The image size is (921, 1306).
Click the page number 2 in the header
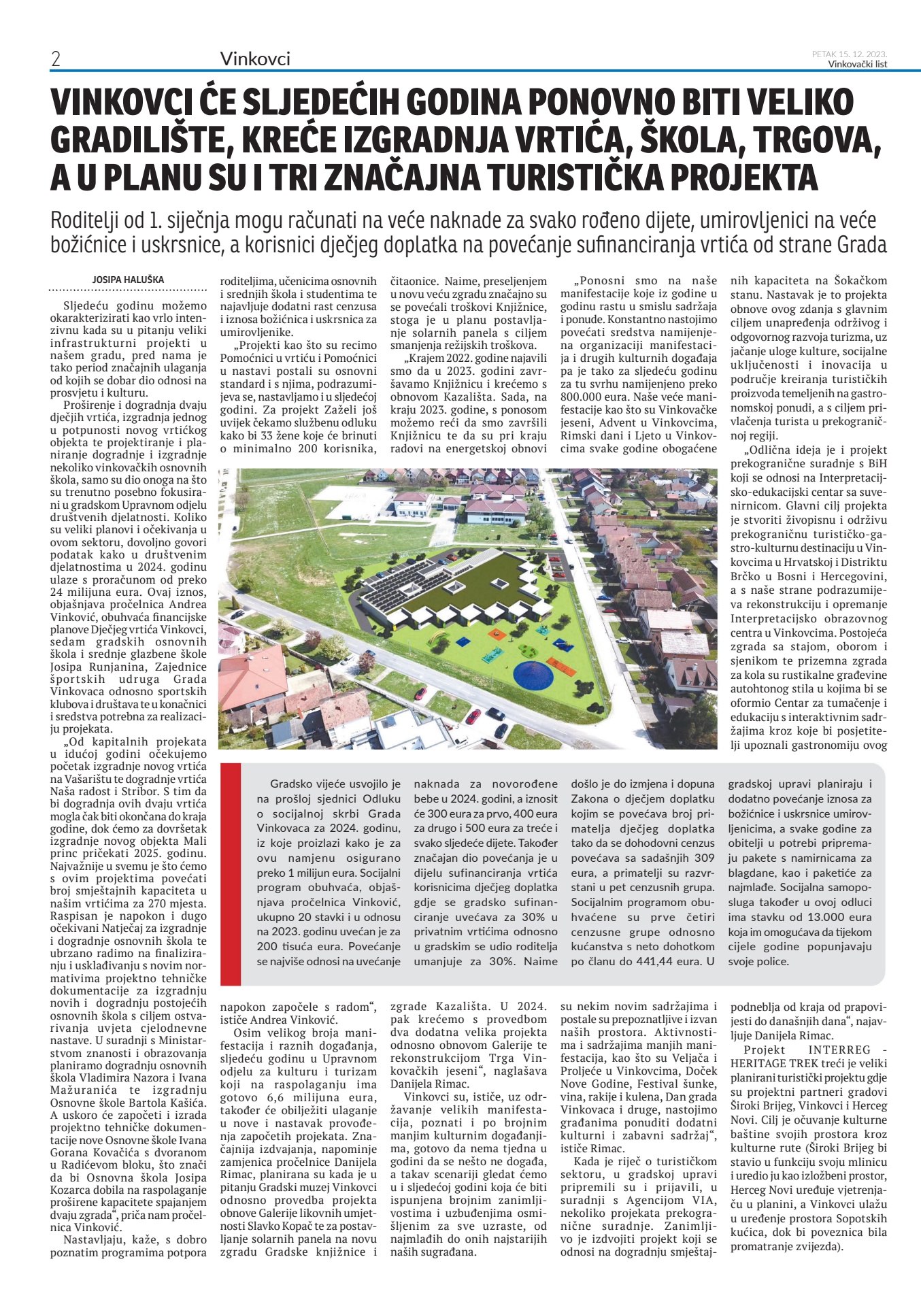click(56, 59)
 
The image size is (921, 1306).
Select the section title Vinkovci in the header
click(255, 59)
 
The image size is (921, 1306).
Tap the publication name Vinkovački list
click(857, 65)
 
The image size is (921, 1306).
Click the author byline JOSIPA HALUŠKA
click(129, 280)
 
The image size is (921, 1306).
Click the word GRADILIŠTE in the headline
click(139, 139)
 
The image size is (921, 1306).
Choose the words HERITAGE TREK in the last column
click(773, 1062)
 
